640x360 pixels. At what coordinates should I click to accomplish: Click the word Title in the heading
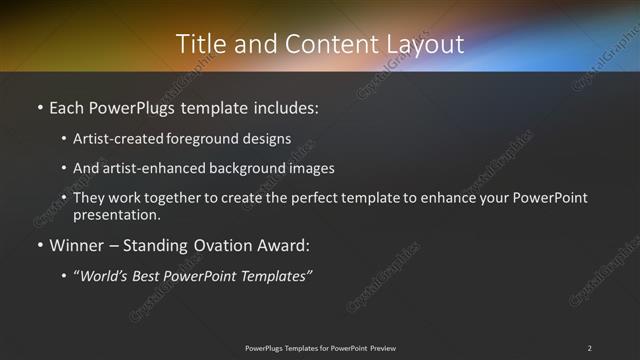tap(199, 44)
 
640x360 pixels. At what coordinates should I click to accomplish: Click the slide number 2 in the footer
tap(589, 348)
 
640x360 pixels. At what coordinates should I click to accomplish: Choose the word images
tap(308, 168)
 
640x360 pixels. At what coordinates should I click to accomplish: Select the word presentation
tap(115, 214)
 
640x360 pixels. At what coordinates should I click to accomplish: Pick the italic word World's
tap(107, 275)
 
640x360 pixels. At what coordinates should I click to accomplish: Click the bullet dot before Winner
tap(39, 244)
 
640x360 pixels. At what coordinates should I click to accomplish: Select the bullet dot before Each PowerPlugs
tap(39, 106)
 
